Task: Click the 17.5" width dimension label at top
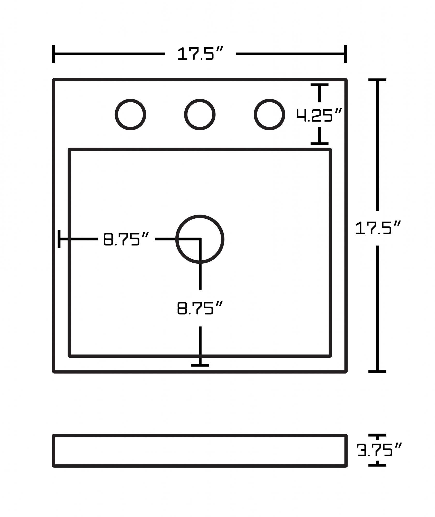(x=200, y=54)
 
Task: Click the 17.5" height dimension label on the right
(x=378, y=228)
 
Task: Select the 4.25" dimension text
(x=319, y=115)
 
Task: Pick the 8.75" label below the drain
(x=200, y=308)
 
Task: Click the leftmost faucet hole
(x=131, y=115)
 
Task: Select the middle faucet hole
(x=200, y=115)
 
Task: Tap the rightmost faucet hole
(x=269, y=115)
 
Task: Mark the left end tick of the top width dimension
(x=54, y=54)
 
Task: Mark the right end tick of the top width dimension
(x=345, y=54)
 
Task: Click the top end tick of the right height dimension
(x=377, y=80)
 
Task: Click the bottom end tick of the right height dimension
(x=377, y=371)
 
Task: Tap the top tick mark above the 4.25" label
(x=320, y=85)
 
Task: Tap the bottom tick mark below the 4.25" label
(x=320, y=143)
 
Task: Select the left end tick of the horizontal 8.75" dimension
(x=59, y=239)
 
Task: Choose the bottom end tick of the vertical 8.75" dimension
(x=200, y=365)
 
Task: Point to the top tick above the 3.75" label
(x=377, y=436)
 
